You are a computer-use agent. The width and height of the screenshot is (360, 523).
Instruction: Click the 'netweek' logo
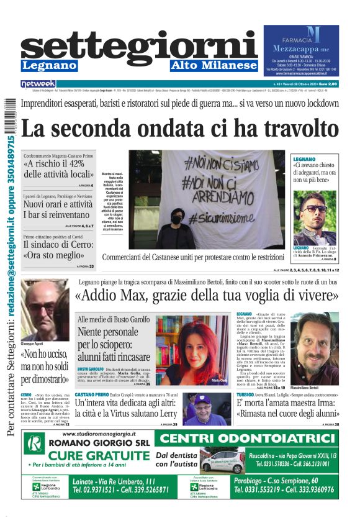tap(38, 83)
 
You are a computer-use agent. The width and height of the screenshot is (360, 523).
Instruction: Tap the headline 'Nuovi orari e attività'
tap(58, 204)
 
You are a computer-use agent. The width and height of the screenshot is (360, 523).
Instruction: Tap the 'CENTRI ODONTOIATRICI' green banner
tap(248, 439)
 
